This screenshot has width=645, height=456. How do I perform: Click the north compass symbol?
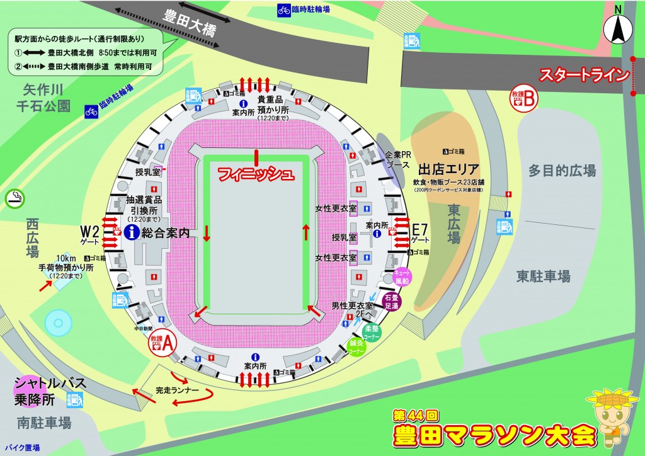click(617, 28)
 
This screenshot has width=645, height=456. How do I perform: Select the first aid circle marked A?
click(162, 342)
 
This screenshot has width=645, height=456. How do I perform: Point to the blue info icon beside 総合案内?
click(132, 233)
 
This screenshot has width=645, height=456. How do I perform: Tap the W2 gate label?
click(90, 231)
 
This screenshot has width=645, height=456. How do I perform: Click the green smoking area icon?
click(13, 198)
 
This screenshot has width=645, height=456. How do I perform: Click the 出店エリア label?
click(449, 168)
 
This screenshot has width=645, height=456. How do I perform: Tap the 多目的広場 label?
click(562, 170)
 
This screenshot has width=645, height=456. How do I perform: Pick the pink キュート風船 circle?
click(402, 276)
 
